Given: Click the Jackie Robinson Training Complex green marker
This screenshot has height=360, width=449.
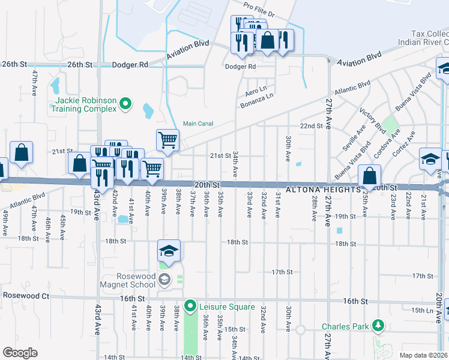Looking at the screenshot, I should (x=125, y=104).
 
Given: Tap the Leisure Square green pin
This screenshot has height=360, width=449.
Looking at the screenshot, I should (x=190, y=307).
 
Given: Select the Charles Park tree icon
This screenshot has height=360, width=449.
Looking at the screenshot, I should (x=378, y=326).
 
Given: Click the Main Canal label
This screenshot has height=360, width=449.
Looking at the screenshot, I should (x=197, y=124).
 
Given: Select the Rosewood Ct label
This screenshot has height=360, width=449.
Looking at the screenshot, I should (x=25, y=296).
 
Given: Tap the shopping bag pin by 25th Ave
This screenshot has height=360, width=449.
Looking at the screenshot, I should (x=370, y=176).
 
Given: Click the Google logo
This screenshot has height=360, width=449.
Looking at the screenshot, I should (x=20, y=352).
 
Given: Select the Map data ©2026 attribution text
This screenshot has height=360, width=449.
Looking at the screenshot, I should (x=423, y=355).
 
